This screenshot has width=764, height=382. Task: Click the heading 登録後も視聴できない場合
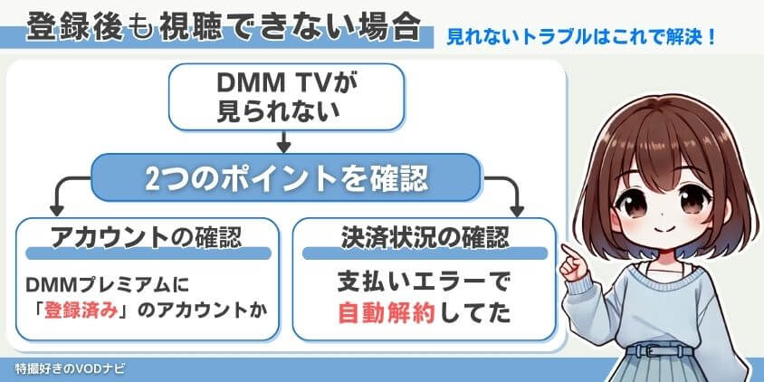[x=223, y=28]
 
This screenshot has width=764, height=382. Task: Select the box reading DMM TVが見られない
[x=282, y=97]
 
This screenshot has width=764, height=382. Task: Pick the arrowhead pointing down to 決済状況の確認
[x=517, y=207]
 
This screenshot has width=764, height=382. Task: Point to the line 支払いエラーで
[x=425, y=282]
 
